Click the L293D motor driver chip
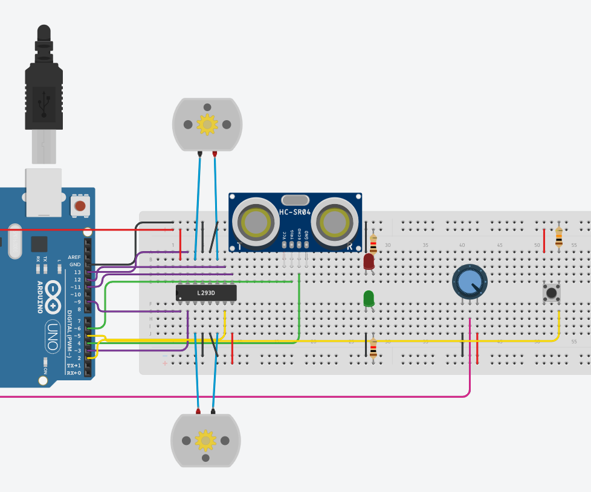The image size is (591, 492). tap(206, 293)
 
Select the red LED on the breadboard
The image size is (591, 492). tap(369, 261)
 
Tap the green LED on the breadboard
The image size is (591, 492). tap(368, 298)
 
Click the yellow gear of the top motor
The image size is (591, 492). tap(207, 124)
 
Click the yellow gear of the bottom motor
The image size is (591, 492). tap(205, 440)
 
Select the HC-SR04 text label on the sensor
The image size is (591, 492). tap(295, 212)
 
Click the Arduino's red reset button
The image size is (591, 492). tap(79, 205)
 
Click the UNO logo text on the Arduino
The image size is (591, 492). tap(53, 336)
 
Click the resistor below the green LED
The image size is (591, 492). tap(373, 348)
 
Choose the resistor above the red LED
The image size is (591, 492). tap(373, 242)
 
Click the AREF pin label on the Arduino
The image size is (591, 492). tap(74, 257)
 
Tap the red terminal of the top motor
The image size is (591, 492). tap(215, 154)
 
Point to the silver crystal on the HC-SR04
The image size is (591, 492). tap(295, 200)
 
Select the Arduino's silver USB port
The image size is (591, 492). tap(44, 192)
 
